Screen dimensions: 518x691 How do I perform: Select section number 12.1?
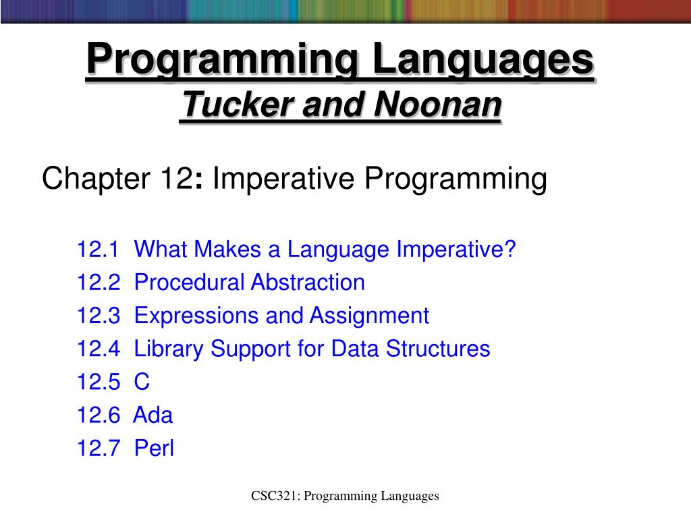point(98,250)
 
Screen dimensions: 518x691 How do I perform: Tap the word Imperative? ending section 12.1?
point(456,250)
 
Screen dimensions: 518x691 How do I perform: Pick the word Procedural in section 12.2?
point(190,283)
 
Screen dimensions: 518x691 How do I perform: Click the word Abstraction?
point(308,283)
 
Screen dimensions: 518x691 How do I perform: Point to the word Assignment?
point(369,316)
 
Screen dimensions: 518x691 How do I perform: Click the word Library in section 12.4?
point(169,349)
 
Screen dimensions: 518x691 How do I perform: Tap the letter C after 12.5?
point(142,382)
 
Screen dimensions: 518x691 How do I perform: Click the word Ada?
point(153,415)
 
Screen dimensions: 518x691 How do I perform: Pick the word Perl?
point(155,448)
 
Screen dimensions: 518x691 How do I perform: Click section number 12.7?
point(98,448)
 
